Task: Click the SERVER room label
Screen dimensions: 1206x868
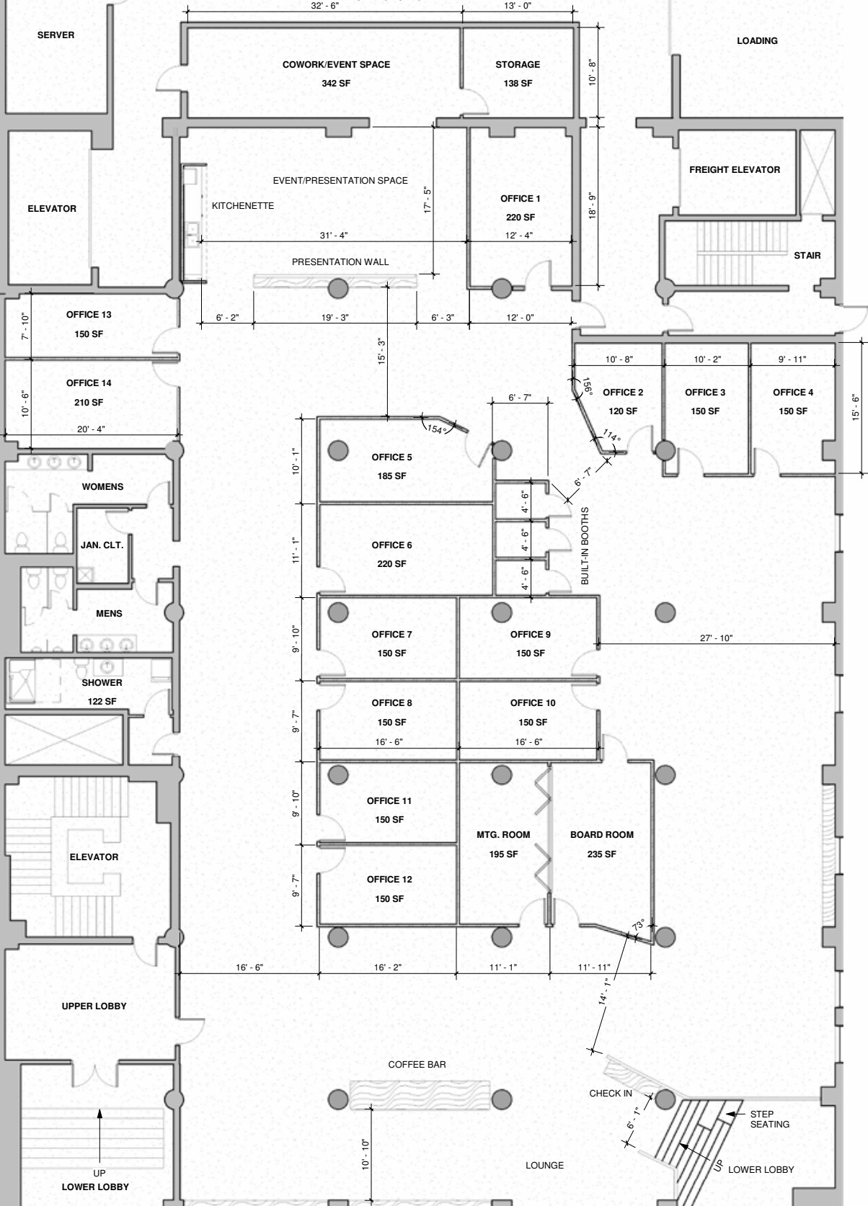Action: pyautogui.click(x=56, y=35)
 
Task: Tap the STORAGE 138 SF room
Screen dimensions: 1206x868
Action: pyautogui.click(x=518, y=73)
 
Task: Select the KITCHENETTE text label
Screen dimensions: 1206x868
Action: pyautogui.click(x=243, y=206)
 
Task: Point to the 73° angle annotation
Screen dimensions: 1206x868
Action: pyautogui.click(x=638, y=924)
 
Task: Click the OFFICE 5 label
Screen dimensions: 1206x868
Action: pyautogui.click(x=391, y=457)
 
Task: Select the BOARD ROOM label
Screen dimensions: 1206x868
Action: pyautogui.click(x=602, y=835)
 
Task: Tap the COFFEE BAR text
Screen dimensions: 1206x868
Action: pyautogui.click(x=417, y=1064)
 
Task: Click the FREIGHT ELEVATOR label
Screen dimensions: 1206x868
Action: pyautogui.click(x=735, y=170)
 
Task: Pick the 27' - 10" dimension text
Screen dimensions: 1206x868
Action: pyautogui.click(x=716, y=638)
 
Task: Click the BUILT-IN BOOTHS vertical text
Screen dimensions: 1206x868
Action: pyautogui.click(x=585, y=545)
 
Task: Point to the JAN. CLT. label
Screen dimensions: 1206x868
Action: pyautogui.click(x=102, y=545)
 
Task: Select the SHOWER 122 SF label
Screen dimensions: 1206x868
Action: pyautogui.click(x=102, y=692)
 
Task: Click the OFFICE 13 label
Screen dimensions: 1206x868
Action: pyautogui.click(x=89, y=315)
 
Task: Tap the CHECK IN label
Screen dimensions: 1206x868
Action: pyautogui.click(x=611, y=1093)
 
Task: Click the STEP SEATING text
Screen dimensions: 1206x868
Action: pyautogui.click(x=769, y=1119)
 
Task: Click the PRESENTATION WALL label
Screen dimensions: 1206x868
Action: pyautogui.click(x=340, y=262)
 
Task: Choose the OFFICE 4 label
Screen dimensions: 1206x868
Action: pyautogui.click(x=793, y=393)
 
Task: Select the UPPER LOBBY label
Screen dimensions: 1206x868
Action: pyautogui.click(x=94, y=1006)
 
